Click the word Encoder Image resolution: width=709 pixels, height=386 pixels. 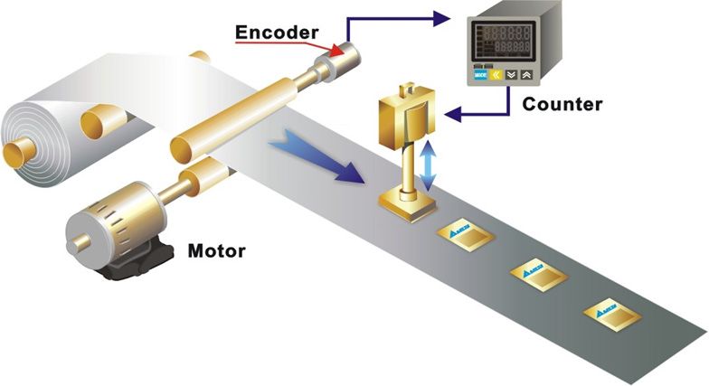[x=277, y=33]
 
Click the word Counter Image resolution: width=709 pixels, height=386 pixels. [x=562, y=104]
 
